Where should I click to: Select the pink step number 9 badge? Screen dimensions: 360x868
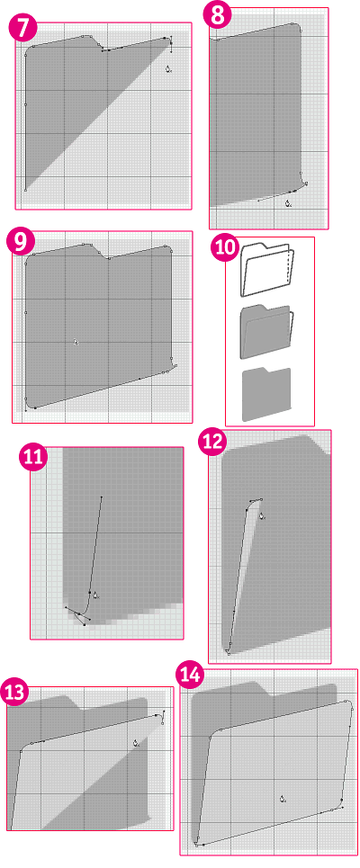click(x=21, y=243)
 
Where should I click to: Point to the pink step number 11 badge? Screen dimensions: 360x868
click(x=33, y=457)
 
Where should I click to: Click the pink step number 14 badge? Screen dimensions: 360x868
click(x=190, y=676)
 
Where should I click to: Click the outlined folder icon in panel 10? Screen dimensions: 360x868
click(x=267, y=270)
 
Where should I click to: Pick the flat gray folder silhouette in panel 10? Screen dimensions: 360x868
click(x=266, y=394)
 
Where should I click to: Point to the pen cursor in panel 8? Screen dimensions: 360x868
click(x=288, y=203)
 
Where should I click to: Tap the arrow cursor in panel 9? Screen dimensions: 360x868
click(x=76, y=342)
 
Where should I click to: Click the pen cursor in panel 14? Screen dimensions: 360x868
click(x=283, y=799)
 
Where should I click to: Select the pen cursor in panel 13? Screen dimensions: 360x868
click(x=136, y=744)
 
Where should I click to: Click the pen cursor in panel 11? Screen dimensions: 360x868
click(x=95, y=595)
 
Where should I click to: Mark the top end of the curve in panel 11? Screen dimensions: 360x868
click(x=102, y=497)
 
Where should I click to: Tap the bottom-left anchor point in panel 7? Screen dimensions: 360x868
click(x=25, y=190)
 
